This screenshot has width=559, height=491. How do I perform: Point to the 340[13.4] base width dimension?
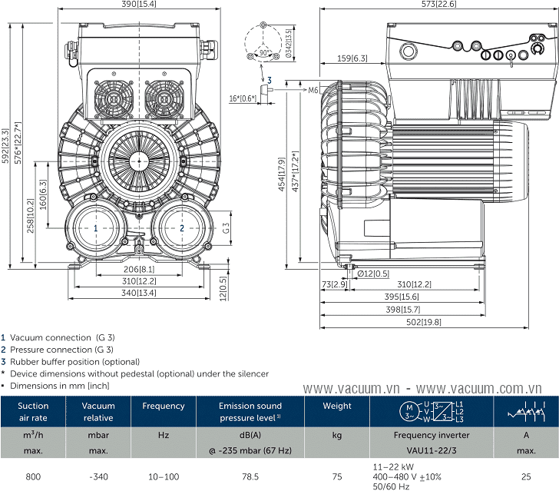coord(139,293)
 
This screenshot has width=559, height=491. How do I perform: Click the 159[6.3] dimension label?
coord(352,58)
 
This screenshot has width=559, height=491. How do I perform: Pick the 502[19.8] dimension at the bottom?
coord(424,322)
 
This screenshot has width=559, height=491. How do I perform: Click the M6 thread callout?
coord(313,90)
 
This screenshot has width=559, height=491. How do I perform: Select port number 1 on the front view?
coord(95,228)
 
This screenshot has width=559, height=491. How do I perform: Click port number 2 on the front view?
coord(182,228)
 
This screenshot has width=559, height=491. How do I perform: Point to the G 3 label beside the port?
coord(227,228)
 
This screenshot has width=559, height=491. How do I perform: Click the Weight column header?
coord(337,406)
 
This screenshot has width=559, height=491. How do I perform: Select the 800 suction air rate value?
coord(33,477)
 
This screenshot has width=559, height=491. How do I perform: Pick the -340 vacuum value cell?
coord(98,477)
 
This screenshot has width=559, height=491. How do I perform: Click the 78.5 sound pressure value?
coord(250,477)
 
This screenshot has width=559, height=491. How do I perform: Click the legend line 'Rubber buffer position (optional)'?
coord(74,361)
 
